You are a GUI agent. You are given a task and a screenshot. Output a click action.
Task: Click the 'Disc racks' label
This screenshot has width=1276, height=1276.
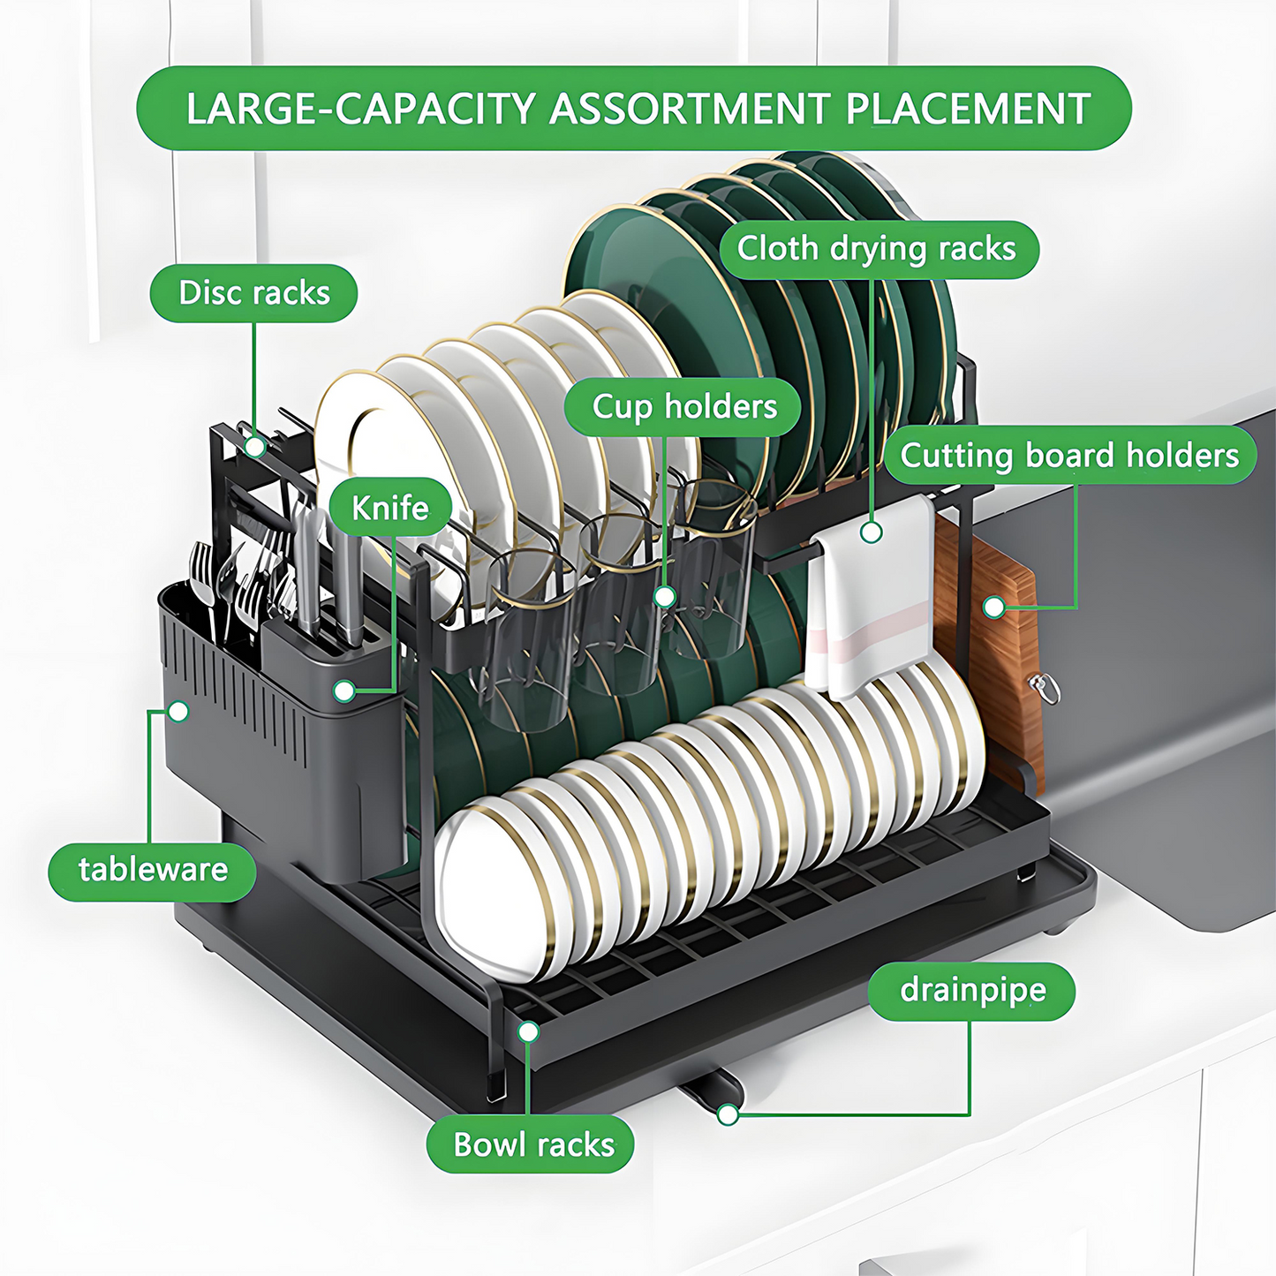tap(253, 293)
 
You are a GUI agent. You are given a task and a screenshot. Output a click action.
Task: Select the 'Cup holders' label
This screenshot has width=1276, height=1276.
tap(683, 407)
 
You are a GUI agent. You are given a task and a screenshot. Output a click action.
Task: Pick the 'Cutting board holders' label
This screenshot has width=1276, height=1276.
tap(1069, 456)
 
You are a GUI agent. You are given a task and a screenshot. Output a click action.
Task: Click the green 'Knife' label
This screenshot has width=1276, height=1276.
tap(389, 508)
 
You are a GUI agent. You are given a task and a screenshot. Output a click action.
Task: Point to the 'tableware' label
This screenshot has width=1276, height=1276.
tap(153, 870)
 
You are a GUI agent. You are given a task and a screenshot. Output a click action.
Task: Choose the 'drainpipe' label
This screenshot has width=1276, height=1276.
tap(972, 991)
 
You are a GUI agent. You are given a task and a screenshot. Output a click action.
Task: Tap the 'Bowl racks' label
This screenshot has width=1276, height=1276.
tap(532, 1145)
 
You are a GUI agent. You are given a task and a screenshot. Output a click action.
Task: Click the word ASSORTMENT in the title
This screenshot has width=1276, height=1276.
tap(690, 109)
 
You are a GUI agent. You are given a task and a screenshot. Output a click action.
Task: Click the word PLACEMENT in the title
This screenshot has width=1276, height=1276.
tap(968, 109)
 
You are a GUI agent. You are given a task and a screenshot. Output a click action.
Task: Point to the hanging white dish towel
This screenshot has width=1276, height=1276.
tap(870, 600)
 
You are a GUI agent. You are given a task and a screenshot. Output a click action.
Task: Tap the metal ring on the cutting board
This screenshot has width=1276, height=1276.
tap(1046, 688)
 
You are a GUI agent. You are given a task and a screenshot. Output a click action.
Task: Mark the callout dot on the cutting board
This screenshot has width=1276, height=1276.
tap(994, 608)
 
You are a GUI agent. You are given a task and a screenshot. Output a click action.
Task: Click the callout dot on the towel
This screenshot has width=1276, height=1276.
tap(872, 532)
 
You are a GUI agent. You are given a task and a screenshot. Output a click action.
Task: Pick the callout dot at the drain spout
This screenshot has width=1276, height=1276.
tap(728, 1114)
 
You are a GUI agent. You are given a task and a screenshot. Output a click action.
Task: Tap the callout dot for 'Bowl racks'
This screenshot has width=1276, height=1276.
tap(528, 1031)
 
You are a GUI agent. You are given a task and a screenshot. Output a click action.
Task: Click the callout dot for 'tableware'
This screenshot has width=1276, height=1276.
tap(178, 711)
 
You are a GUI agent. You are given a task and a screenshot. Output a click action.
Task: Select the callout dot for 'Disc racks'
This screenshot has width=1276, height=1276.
tap(255, 447)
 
